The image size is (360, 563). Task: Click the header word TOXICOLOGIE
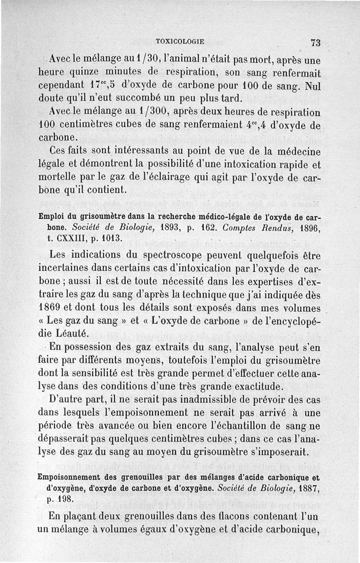point(180,42)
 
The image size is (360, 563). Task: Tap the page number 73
point(315,43)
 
